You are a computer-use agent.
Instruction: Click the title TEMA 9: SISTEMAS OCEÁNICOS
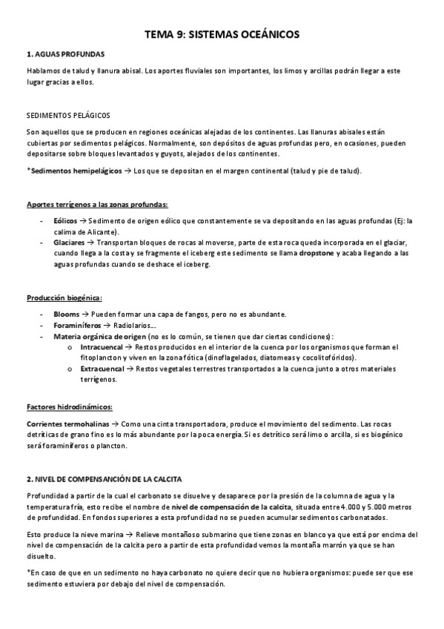point(222,34)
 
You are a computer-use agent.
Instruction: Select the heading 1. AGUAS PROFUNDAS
point(65,54)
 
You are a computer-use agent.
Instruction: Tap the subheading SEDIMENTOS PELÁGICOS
point(67,116)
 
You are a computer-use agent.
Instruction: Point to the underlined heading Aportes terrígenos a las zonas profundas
point(97,205)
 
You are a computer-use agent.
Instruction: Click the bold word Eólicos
point(64,221)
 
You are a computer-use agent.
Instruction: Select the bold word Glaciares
point(68,242)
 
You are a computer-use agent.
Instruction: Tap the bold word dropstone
point(318,253)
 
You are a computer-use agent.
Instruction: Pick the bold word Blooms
point(66,314)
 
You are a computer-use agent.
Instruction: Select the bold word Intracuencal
point(102,346)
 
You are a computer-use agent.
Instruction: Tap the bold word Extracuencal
point(104,368)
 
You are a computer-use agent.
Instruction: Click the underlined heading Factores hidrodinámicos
point(69,406)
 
